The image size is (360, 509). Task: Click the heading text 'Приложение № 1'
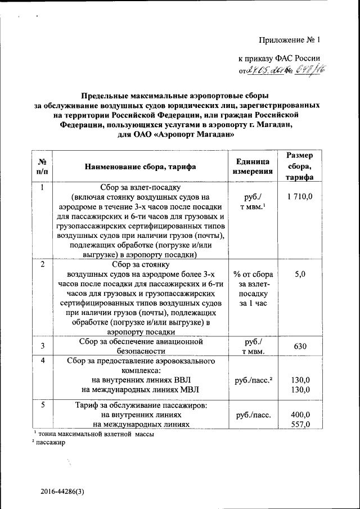coord(289,40)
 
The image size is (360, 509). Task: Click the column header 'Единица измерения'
coord(253,166)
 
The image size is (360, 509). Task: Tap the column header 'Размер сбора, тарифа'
coord(300,166)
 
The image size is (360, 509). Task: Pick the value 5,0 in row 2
coord(300,274)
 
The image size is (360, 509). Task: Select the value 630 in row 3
coord(300,346)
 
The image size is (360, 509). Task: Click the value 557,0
coord(300,425)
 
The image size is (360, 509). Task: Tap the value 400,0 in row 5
coord(300,415)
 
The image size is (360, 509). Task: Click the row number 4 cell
coord(43,360)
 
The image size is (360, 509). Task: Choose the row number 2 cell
coord(43,264)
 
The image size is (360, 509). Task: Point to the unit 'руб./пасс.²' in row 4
coord(254,380)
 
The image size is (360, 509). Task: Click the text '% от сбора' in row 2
coord(254,274)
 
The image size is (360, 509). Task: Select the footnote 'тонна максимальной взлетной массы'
coord(96,434)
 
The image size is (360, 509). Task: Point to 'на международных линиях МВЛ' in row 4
coord(141,389)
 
